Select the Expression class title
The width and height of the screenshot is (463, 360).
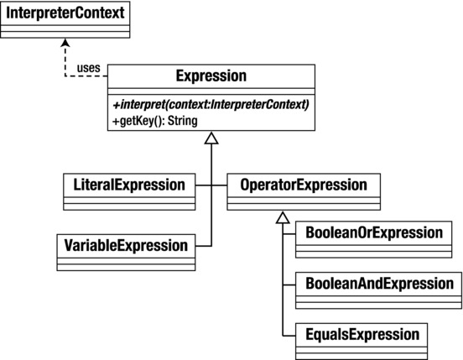tap(211, 76)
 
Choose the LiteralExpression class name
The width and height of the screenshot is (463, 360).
tap(123, 184)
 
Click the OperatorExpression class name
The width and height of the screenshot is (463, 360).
tap(303, 184)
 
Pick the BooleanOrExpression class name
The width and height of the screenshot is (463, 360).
tap(373, 232)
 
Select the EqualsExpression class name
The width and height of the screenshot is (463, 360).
tap(362, 333)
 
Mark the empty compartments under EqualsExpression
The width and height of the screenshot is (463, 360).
tap(362, 348)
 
